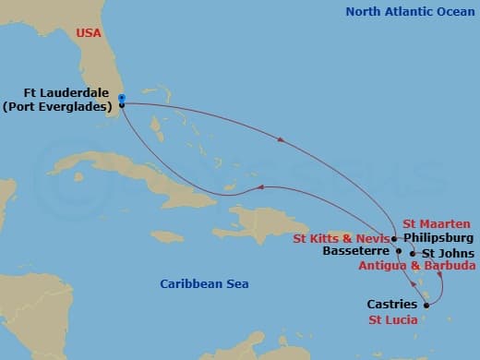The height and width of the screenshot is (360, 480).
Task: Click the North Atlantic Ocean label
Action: (408, 12)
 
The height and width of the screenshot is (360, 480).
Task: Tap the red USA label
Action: (90, 33)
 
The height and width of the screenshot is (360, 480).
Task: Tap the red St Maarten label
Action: (437, 223)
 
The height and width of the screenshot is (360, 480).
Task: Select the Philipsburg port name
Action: (438, 236)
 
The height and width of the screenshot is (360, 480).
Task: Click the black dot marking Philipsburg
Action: (396, 237)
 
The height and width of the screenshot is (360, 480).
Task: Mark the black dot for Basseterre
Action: (399, 250)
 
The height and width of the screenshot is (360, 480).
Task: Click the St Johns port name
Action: (449, 253)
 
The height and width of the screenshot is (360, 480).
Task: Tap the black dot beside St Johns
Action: (412, 253)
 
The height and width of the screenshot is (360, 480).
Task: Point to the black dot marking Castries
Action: (425, 304)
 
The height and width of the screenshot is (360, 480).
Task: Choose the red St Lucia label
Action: (393, 320)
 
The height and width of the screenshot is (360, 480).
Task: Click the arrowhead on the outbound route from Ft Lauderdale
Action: (280, 140)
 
